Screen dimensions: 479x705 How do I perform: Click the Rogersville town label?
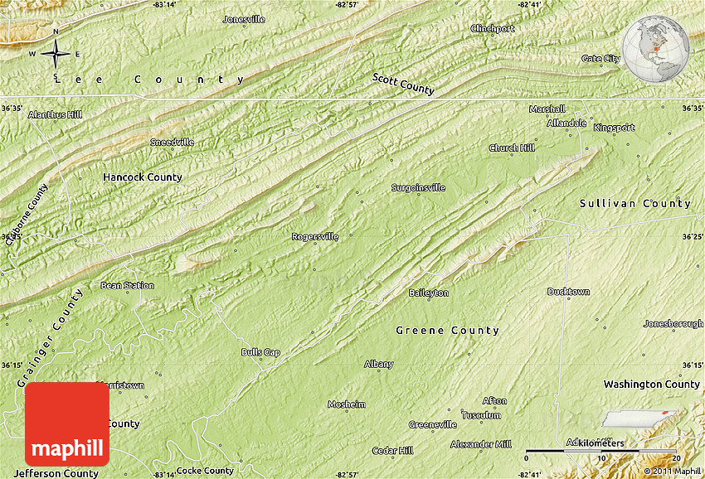point(315,237)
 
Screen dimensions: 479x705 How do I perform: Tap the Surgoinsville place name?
point(418,187)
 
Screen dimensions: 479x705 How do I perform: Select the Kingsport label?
point(614,128)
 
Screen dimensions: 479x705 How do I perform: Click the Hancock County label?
point(142,177)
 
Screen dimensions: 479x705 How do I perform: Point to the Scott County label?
point(403,83)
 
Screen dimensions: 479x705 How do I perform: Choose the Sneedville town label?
point(172,142)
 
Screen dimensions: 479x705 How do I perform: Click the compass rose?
point(56,55)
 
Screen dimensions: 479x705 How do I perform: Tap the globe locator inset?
point(656,48)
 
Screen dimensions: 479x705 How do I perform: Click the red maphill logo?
point(67,424)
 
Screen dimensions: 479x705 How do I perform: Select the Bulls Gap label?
point(260,352)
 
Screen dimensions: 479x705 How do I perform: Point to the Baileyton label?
point(429,293)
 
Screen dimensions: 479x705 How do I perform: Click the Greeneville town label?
point(432,425)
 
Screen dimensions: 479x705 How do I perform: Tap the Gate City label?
point(600,59)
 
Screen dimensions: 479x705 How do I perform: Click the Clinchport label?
point(493,28)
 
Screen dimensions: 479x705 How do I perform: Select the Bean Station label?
point(127,285)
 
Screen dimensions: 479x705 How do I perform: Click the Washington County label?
point(651,385)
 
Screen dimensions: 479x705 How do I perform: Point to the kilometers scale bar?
point(602,451)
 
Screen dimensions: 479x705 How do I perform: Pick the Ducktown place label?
point(568,292)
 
